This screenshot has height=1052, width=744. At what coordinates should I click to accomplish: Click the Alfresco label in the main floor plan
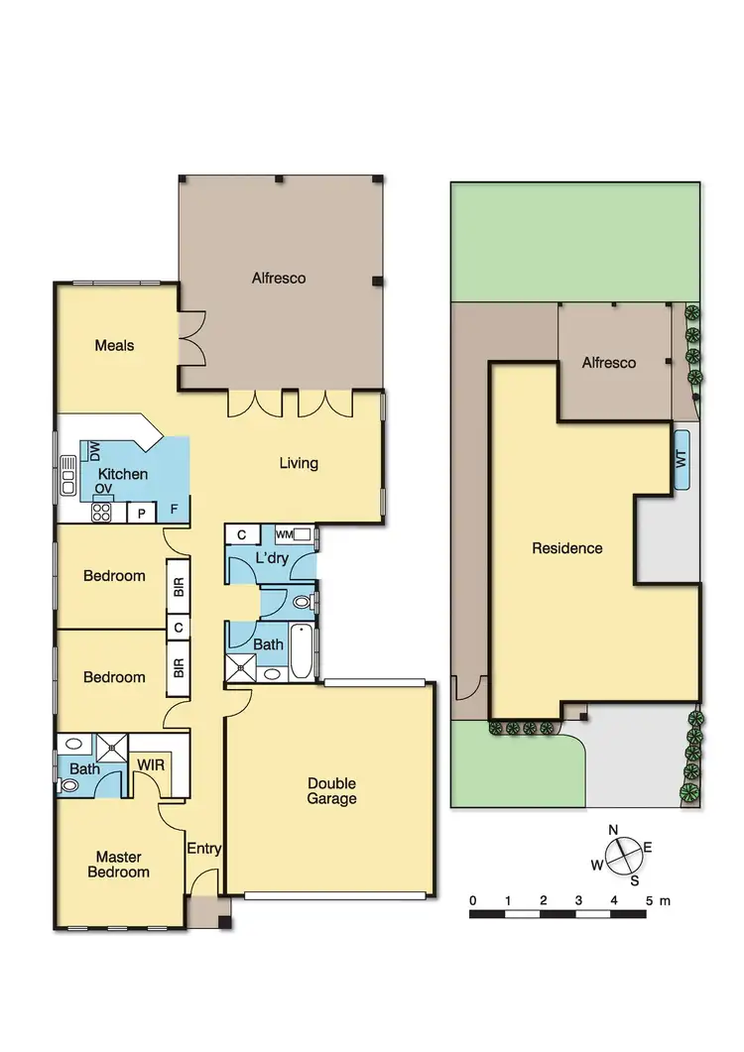point(278,279)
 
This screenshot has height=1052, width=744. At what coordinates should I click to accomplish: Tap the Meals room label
point(114,346)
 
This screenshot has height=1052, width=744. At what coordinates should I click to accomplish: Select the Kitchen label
point(123,475)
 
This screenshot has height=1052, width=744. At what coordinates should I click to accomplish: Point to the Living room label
point(298,463)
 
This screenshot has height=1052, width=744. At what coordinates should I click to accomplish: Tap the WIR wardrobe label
point(152,765)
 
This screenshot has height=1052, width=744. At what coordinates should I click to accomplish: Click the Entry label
point(204,849)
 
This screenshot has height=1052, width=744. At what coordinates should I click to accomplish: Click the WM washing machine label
point(284,535)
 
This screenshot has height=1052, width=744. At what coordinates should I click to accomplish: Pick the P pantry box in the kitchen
point(142,513)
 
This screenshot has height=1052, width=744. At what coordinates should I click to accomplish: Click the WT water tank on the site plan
point(682,460)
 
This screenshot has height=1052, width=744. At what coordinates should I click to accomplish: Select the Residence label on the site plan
point(566,548)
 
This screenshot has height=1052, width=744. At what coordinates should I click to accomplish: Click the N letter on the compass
point(613,830)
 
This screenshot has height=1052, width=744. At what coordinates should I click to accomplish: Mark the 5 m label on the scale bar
point(657,900)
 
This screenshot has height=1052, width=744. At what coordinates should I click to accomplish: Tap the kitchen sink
point(68,476)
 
